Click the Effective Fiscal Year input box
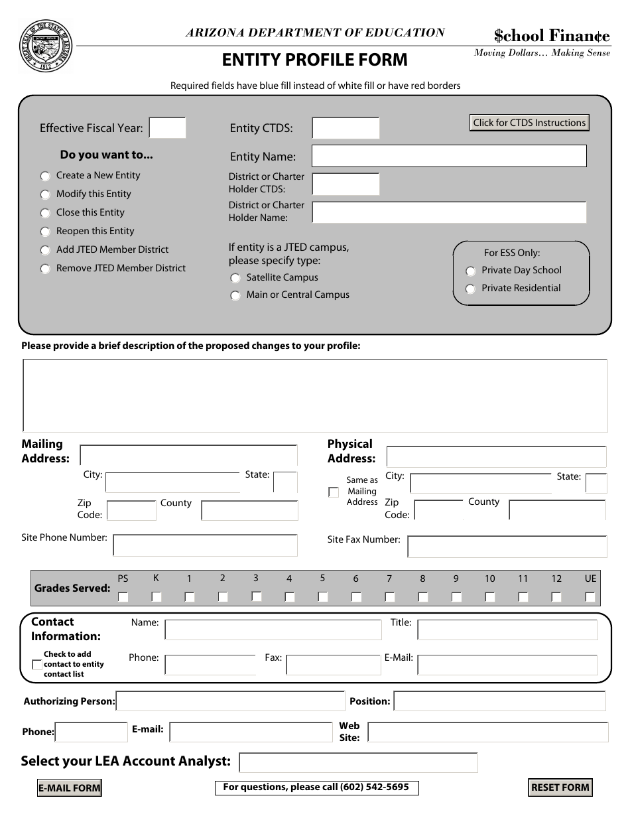click(x=167, y=128)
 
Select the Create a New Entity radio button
click(x=45, y=176)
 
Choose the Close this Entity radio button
click(x=45, y=214)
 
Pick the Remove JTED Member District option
click(x=45, y=269)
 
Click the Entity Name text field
click(x=449, y=157)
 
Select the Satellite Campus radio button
click(x=235, y=279)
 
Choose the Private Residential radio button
click(x=470, y=289)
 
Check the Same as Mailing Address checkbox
click(x=334, y=492)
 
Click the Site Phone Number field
click(x=205, y=545)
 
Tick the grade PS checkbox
click(x=123, y=596)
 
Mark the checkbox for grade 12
click(x=556, y=596)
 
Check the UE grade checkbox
click(x=590, y=596)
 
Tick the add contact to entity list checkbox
click(x=37, y=665)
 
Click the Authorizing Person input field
click(x=230, y=701)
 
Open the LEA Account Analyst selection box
click(x=358, y=763)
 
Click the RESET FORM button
click(x=560, y=787)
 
